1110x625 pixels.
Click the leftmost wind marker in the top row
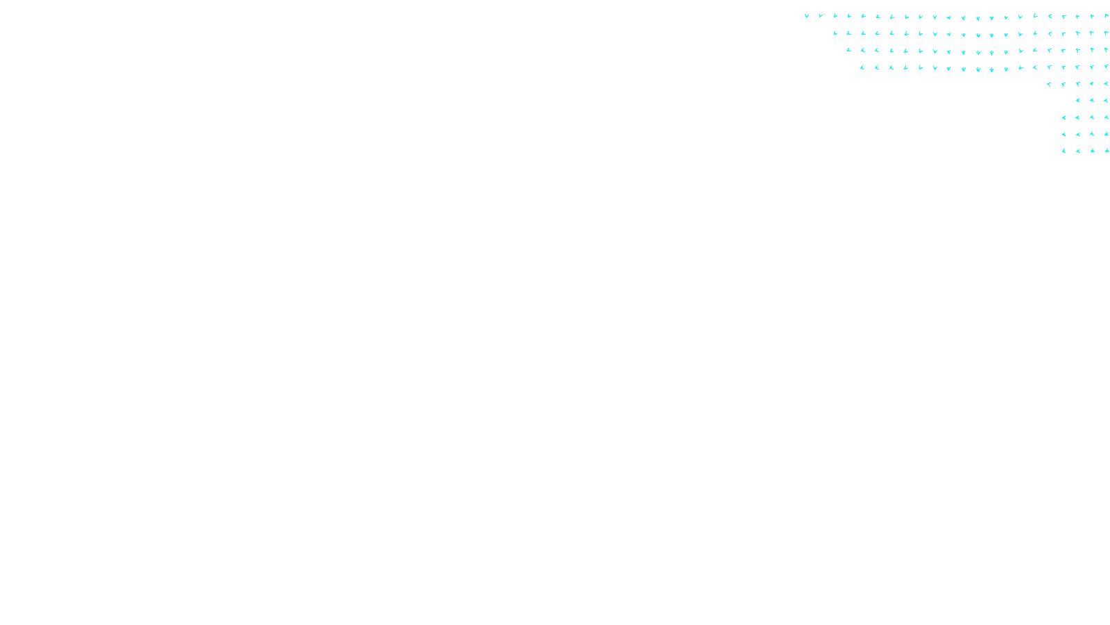pyautogui.click(x=806, y=16)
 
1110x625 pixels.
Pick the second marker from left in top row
pyautogui.click(x=821, y=16)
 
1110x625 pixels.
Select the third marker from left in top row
pyautogui.click(x=835, y=16)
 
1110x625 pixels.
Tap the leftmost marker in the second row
pyautogui.click(x=835, y=33)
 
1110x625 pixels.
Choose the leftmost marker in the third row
pyautogui.click(x=848, y=50)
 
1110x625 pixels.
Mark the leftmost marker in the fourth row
pyautogui.click(x=862, y=67)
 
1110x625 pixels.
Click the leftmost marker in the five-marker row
pyautogui.click(x=1049, y=84)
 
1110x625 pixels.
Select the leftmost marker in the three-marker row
pyautogui.click(x=1077, y=101)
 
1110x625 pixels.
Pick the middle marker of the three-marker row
pyautogui.click(x=1092, y=101)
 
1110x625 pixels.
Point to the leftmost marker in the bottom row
pyautogui.click(x=1064, y=151)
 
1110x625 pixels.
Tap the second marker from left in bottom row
pyautogui.click(x=1078, y=151)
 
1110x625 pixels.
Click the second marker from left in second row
pyautogui.click(x=849, y=33)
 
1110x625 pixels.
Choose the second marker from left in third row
pyautogui.click(x=863, y=50)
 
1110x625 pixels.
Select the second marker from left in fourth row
pyautogui.click(x=877, y=67)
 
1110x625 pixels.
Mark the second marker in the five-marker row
pyautogui.click(x=1064, y=84)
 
